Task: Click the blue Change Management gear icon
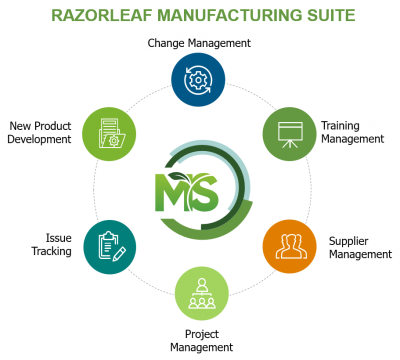198,79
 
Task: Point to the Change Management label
198,43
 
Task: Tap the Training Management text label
352,132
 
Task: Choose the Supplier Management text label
359,247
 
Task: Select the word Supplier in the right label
350,240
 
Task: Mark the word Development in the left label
40,140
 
